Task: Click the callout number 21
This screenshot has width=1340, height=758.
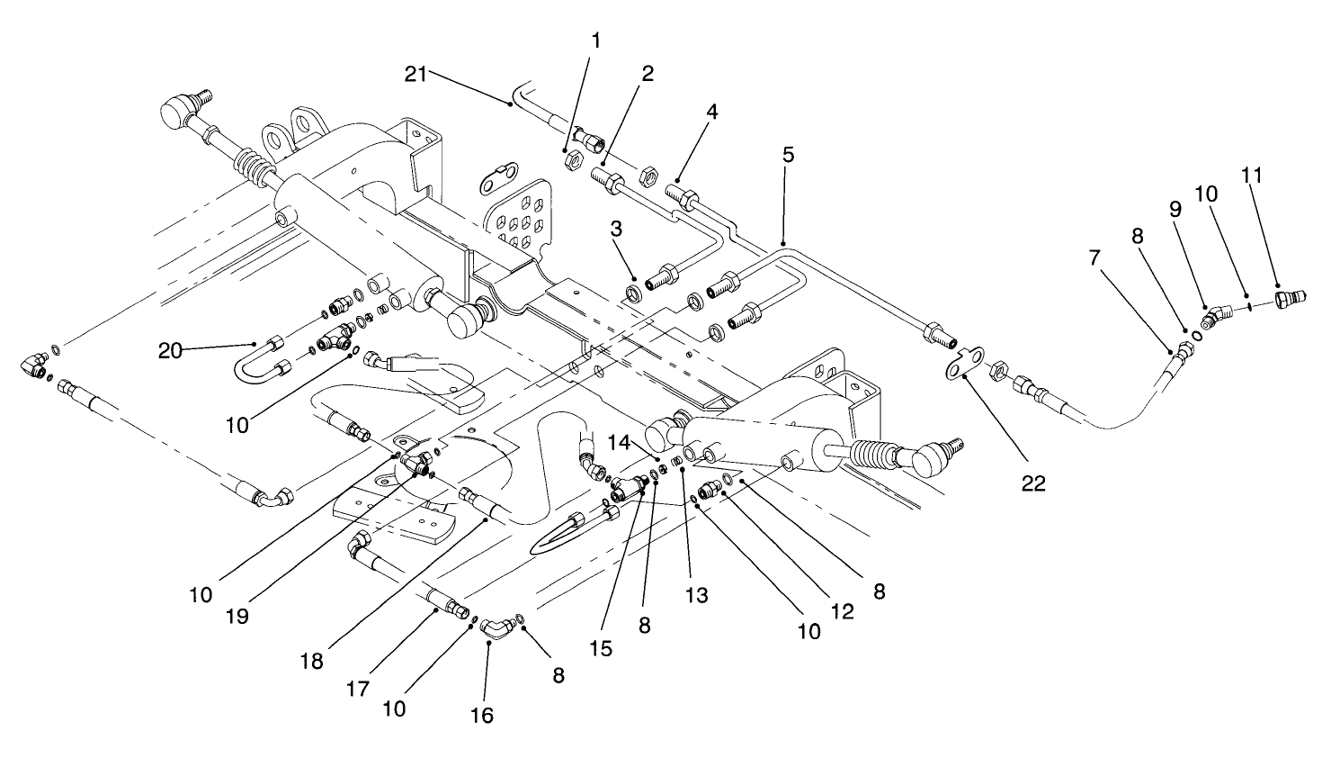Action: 415,75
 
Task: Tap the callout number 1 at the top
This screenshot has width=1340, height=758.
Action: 595,41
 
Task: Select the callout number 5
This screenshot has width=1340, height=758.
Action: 788,154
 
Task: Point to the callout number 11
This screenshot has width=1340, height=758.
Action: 1252,174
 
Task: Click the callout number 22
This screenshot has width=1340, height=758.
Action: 1033,483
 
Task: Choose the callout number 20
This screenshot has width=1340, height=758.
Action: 170,350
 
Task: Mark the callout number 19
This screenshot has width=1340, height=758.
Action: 238,617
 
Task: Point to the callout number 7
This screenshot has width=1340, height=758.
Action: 1094,257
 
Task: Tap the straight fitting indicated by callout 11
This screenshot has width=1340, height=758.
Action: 1290,296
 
